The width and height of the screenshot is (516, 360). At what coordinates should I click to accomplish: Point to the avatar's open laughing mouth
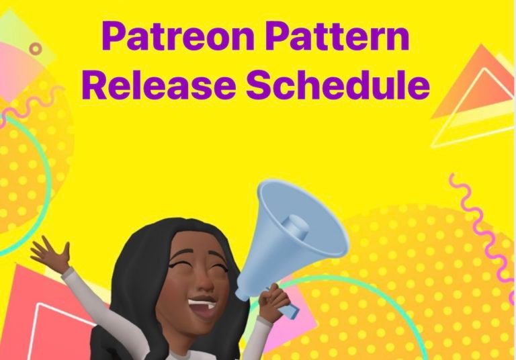pyautogui.click(x=202, y=307)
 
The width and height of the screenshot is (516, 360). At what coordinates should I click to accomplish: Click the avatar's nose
pyautogui.click(x=204, y=283)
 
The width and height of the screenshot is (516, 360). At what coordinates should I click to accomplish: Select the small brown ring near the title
pyautogui.click(x=36, y=49)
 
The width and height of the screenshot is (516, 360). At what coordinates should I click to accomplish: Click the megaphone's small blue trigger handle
pyautogui.click(x=290, y=312)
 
